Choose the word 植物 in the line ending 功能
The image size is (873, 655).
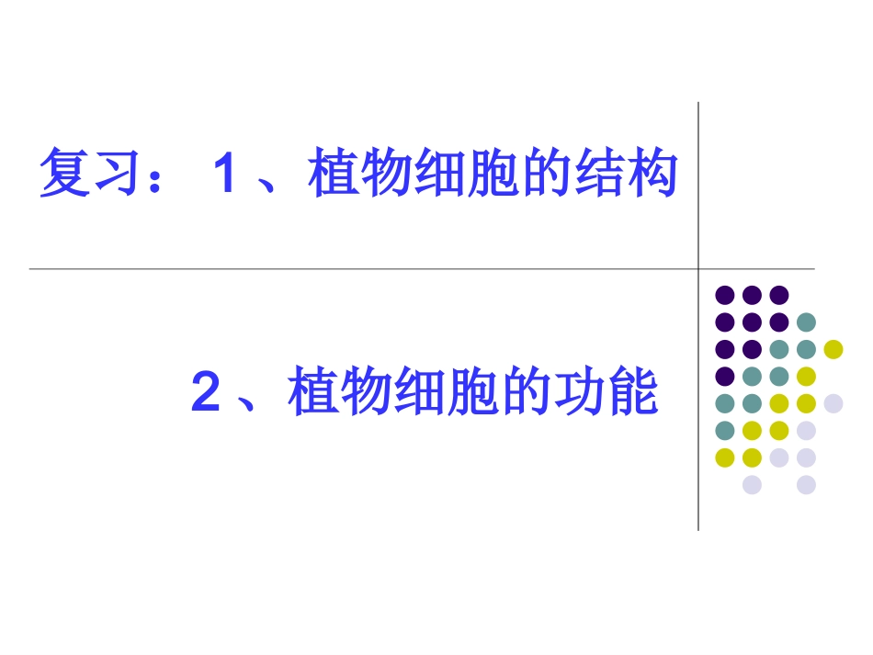pos(340,392)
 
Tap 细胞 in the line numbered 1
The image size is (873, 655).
pos(466,175)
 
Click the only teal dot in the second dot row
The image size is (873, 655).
pos(806,322)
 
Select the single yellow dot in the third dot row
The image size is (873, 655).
pos(833,349)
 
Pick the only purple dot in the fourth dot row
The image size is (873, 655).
pos(725,376)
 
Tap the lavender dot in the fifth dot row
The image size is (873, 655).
pos(833,403)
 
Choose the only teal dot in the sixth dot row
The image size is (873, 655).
pos(725,430)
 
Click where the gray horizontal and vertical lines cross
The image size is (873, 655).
pos(698,269)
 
